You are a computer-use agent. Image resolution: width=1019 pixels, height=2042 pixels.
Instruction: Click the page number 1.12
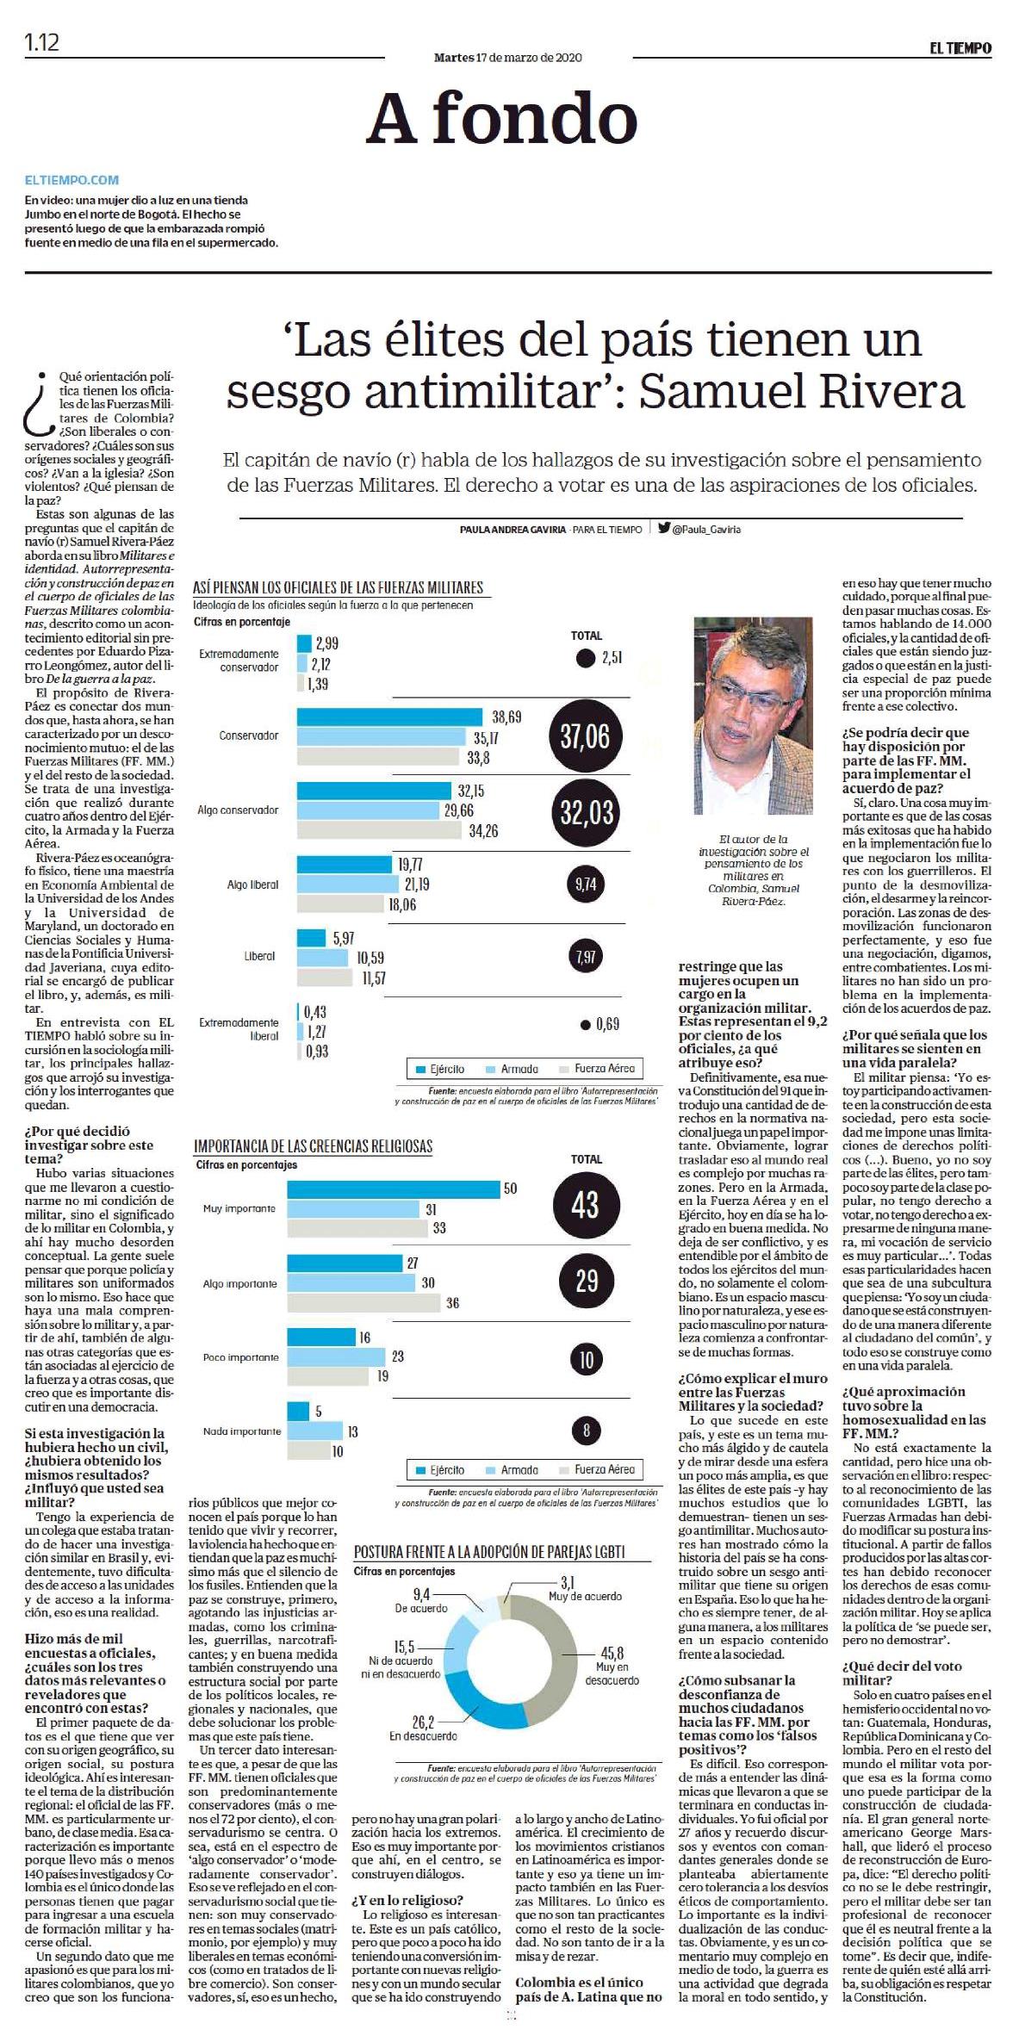[x=42, y=42]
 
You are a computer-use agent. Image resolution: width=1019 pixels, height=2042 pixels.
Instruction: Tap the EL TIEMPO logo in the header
[x=960, y=49]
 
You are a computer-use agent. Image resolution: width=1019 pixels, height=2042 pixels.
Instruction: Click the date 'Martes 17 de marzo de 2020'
[x=508, y=58]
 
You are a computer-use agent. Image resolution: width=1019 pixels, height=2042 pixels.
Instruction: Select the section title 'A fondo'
[x=502, y=119]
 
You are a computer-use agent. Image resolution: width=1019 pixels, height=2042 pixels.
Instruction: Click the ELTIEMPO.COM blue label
[x=72, y=180]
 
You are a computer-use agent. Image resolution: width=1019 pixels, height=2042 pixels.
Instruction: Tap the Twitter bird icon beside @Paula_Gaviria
[x=664, y=529]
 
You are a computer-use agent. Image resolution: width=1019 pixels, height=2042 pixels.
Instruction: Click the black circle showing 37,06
[x=585, y=736]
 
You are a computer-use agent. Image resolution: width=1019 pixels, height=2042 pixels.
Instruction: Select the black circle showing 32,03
[x=585, y=812]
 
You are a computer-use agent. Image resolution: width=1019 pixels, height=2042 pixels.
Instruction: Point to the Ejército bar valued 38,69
[x=391, y=717]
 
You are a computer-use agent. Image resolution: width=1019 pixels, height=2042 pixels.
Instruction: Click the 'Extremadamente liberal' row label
[x=239, y=1029]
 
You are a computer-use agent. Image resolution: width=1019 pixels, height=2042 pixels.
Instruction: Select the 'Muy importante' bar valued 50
[x=394, y=1189]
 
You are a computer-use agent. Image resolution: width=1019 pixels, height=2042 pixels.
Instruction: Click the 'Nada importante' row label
[x=242, y=1431]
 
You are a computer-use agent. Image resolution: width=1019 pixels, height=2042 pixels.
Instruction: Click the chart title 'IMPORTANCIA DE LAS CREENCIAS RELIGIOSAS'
[x=313, y=1146]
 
